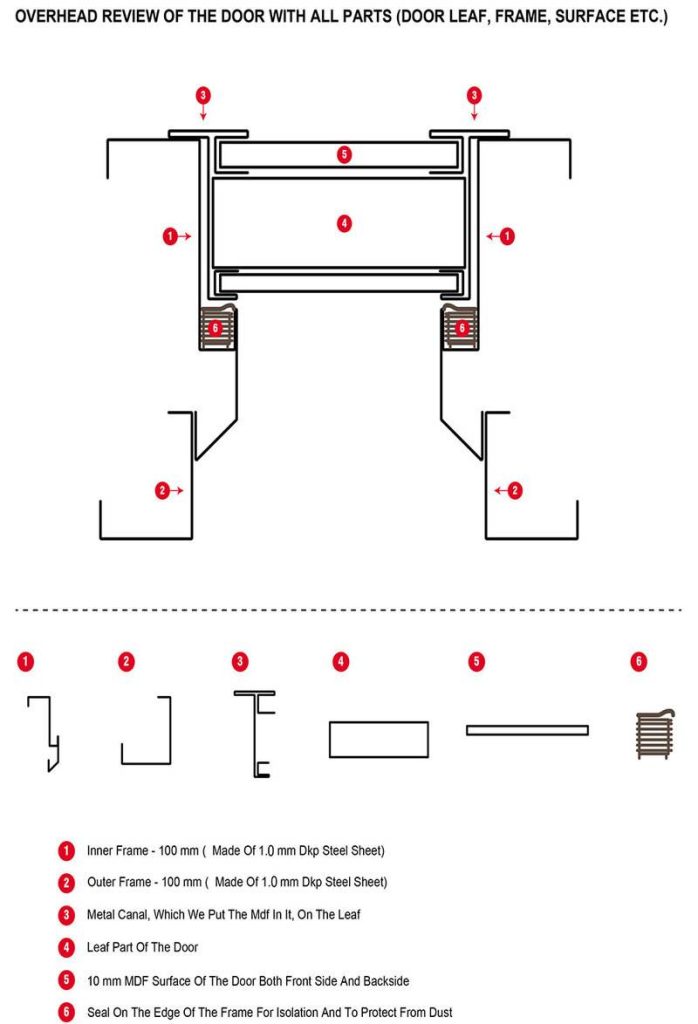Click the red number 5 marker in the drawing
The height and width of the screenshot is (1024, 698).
tap(344, 155)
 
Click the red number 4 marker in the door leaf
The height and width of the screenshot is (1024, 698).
tap(344, 224)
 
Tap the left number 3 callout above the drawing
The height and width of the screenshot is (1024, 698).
tap(203, 95)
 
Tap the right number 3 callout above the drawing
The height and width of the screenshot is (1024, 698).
tap(474, 95)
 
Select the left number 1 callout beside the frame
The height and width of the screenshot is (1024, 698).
tap(170, 236)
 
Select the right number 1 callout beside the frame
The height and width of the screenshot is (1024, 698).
tap(507, 236)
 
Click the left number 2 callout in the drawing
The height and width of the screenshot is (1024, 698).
tap(163, 490)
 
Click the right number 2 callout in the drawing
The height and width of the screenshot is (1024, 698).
tap(515, 490)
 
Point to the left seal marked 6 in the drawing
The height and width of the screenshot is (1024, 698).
tap(217, 327)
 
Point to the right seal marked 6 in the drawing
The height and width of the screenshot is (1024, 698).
tap(460, 327)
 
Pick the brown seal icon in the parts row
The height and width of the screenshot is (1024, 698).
tap(655, 734)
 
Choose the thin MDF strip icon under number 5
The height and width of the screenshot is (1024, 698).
tap(527, 730)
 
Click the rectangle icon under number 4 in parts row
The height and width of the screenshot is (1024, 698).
tap(379, 739)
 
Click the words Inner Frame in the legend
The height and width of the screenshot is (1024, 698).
tap(118, 850)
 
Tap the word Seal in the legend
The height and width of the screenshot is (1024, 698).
tap(98, 1012)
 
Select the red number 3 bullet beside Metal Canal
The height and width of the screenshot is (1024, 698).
tap(66, 915)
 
